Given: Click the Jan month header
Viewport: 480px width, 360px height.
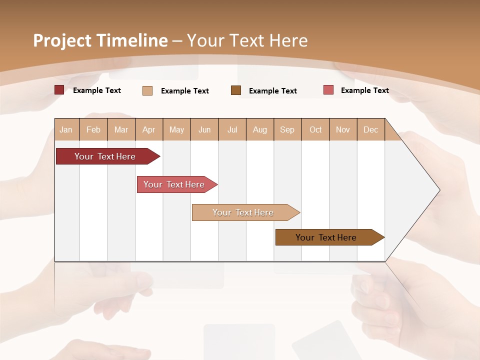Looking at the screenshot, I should (x=66, y=129).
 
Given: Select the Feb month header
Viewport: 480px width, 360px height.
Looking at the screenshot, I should (x=93, y=129).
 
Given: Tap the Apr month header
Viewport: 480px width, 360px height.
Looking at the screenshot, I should (x=149, y=129).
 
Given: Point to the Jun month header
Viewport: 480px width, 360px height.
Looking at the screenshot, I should (x=204, y=129).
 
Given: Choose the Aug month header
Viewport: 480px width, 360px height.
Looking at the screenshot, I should (x=260, y=129).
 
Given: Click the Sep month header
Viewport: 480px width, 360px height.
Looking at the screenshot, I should (x=287, y=129).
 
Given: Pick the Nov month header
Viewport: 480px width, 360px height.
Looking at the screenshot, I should (x=343, y=129).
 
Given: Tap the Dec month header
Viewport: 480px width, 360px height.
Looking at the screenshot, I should (x=371, y=129).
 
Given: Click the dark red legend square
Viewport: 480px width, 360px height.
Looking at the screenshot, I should (x=59, y=90).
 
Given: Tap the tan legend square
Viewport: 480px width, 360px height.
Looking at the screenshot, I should (x=147, y=90).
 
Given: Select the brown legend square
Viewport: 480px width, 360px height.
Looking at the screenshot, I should (x=236, y=90).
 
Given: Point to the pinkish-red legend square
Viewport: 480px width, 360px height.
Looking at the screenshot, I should (x=328, y=90).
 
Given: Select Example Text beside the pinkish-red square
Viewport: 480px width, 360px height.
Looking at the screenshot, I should (x=364, y=90).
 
